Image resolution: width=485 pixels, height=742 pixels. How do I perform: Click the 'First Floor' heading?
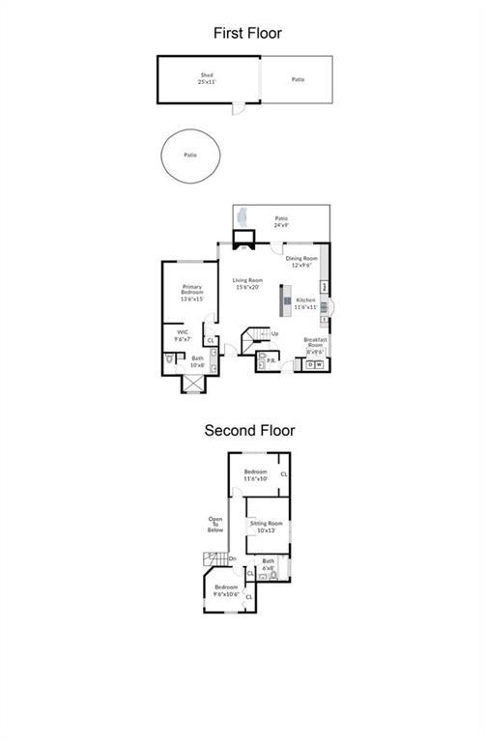pos(247,34)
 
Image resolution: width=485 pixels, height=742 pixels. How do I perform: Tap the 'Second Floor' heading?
pos(248,431)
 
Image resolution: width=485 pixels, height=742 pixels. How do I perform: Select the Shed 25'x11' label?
pos(207,77)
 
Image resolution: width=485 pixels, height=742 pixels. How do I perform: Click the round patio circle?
pos(189,155)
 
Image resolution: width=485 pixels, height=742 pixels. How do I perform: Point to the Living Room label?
pos(247,283)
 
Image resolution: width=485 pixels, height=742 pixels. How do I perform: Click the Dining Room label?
pos(301,261)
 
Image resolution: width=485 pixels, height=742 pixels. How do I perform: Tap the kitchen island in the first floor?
pos(286,300)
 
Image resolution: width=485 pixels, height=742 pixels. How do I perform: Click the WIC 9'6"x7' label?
pos(182,335)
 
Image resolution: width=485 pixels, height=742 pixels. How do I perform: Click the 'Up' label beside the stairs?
pos(275,334)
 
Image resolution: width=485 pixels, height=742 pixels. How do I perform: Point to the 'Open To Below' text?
pos(215,525)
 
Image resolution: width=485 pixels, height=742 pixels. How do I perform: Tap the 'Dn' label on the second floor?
pos(232,557)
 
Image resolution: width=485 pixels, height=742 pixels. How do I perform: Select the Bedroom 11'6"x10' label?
pos(255,474)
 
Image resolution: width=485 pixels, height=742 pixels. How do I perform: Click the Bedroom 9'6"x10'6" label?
pos(226,590)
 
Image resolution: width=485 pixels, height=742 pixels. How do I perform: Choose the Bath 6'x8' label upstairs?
pos(268,563)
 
